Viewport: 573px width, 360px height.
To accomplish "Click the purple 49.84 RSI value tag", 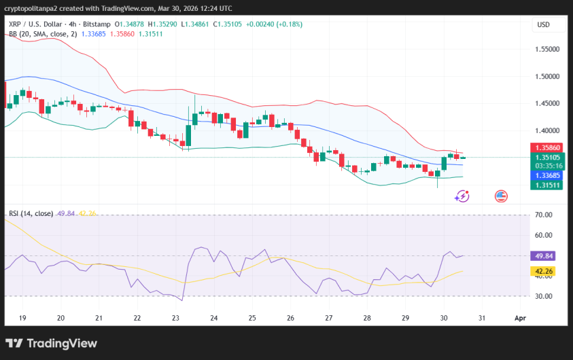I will [544, 256].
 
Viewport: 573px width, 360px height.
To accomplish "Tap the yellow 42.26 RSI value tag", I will [544, 271].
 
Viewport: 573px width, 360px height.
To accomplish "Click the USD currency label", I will [543, 25].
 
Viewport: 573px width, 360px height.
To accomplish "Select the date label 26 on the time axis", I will [290, 318].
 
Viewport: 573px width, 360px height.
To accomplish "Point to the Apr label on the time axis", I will [520, 318].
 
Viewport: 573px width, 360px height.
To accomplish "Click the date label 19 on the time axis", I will [22, 318].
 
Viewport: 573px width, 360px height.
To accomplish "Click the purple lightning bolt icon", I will [462, 196].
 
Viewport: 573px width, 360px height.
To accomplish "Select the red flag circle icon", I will [501, 196].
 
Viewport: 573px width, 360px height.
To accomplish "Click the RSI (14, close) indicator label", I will [31, 213].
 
